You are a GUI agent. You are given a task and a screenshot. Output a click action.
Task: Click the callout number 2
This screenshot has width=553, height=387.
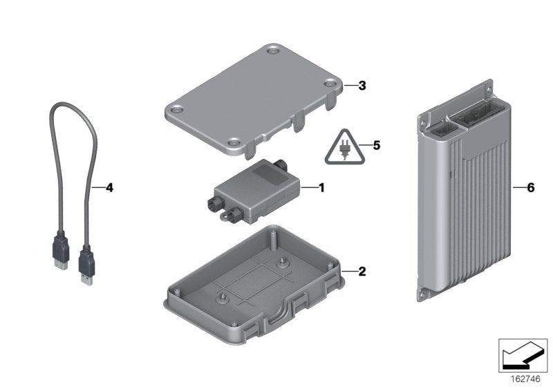362,271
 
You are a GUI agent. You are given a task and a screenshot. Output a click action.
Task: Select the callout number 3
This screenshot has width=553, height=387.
362,86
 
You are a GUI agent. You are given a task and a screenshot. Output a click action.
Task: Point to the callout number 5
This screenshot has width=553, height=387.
376,146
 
